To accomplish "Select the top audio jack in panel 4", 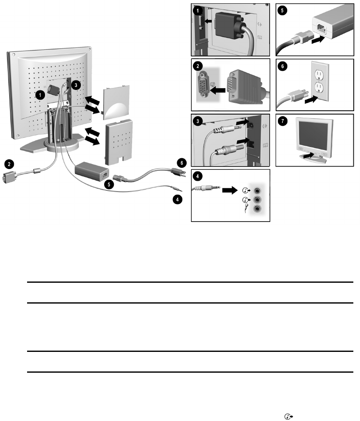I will coord(258,191).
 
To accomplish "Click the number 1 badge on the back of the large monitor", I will coord(40,95).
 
